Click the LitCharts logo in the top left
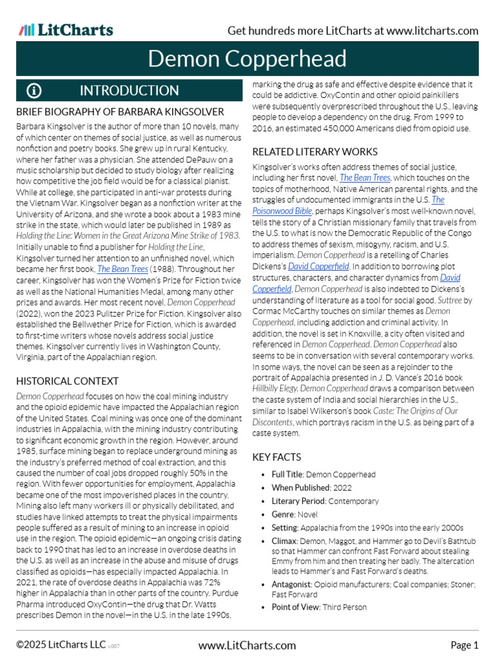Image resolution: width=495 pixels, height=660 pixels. (66, 30)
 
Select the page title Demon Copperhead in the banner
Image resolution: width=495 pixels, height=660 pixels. (247, 59)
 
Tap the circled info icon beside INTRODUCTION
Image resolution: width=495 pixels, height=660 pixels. (34, 91)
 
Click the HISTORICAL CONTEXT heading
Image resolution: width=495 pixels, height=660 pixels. (67, 381)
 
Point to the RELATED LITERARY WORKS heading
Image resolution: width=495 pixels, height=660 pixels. (315, 151)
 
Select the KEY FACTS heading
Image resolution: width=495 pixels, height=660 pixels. (277, 457)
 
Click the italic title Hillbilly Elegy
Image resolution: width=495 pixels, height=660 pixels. (275, 389)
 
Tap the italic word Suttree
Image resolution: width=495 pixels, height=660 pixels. (450, 300)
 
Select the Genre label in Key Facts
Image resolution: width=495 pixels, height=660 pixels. (283, 514)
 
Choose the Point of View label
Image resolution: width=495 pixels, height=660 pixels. (300, 607)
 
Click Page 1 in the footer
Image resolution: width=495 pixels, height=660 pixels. (464, 645)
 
